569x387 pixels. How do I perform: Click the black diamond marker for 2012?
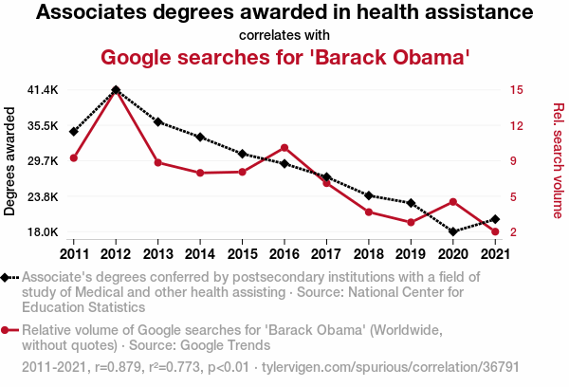click(116, 90)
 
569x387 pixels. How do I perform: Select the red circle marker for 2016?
click(284, 148)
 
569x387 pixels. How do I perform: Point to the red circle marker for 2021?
click(495, 231)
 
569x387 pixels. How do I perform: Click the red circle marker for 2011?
click(74, 157)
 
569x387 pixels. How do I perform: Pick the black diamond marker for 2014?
click(200, 137)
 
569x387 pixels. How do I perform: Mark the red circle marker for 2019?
click(411, 222)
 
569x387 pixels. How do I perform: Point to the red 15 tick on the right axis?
click(516, 90)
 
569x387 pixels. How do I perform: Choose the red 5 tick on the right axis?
click(512, 196)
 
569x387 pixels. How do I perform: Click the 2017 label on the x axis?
click(326, 253)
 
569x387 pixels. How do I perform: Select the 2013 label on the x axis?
click(157, 253)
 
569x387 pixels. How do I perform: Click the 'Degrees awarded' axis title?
click(10, 161)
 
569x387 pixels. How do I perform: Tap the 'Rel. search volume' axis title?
click(558, 161)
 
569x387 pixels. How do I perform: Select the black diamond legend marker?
click(8, 277)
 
